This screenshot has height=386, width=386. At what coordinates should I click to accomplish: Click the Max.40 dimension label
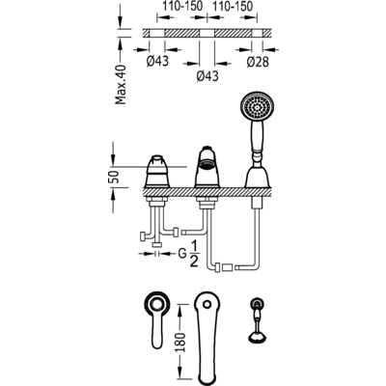pyautogui.click(x=121, y=85)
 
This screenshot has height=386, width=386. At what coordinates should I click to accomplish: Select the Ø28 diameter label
pyautogui.click(x=258, y=62)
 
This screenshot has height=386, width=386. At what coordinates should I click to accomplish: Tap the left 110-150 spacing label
pyautogui.click(x=182, y=7)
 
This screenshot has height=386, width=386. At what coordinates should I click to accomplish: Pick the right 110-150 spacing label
pyautogui.click(x=233, y=7)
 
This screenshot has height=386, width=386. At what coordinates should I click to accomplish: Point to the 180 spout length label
pyautogui.click(x=181, y=343)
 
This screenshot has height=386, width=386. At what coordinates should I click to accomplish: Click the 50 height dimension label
pyautogui.click(x=115, y=177)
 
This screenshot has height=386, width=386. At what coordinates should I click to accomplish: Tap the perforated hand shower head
pyautogui.click(x=258, y=107)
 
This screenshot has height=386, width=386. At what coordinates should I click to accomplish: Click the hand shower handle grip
pyautogui.click(x=258, y=138)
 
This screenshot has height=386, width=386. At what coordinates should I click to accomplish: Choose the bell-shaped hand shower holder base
pyautogui.click(x=258, y=176)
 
